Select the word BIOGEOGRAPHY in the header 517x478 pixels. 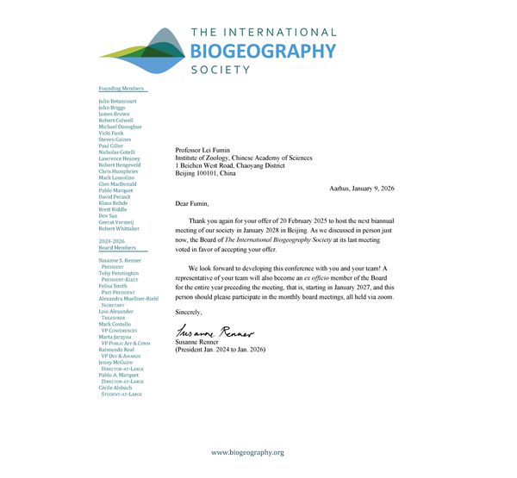(x=262, y=50)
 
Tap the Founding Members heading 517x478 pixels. (x=121, y=89)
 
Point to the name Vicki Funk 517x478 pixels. (x=111, y=133)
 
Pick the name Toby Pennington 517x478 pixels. (x=120, y=273)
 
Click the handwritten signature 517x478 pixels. (x=215, y=330)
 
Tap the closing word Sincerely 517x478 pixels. (x=190, y=311)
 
